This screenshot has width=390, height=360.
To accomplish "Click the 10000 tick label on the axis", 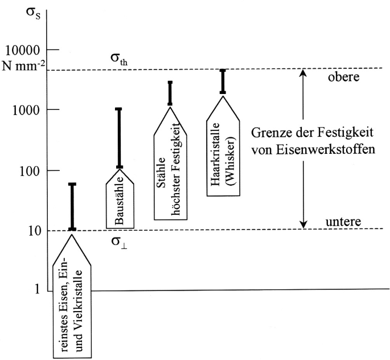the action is tap(22, 51).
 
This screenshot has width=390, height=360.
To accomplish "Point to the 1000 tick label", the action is tap(26, 111).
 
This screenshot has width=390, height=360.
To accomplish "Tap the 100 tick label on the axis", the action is tap(30, 171).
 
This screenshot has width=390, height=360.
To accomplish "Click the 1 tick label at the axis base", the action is tap(37, 289).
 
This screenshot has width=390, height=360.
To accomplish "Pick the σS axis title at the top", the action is tap(33, 13).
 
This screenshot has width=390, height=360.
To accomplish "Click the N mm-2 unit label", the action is tap(23, 66).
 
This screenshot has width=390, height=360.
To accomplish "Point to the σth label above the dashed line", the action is tap(119, 59).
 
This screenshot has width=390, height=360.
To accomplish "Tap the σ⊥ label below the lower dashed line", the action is tap(119, 242).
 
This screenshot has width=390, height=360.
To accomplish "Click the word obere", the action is tap(343, 77).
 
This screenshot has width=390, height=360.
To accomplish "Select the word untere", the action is tap(343, 222).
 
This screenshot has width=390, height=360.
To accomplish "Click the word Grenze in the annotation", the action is tap(270, 133).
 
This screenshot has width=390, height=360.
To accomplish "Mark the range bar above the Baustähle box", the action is tap(120, 138).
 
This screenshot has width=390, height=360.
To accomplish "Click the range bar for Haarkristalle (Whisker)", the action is tap(223, 81).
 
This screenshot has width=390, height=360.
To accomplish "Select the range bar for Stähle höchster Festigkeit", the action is tap(170, 93).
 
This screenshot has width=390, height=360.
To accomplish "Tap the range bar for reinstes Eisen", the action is tap(72, 207).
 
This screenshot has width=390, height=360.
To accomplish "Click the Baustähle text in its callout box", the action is tap(120, 201).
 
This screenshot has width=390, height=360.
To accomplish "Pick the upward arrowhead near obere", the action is tap(303, 73).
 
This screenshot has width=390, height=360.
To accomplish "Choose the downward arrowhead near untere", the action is tap(303, 224).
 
